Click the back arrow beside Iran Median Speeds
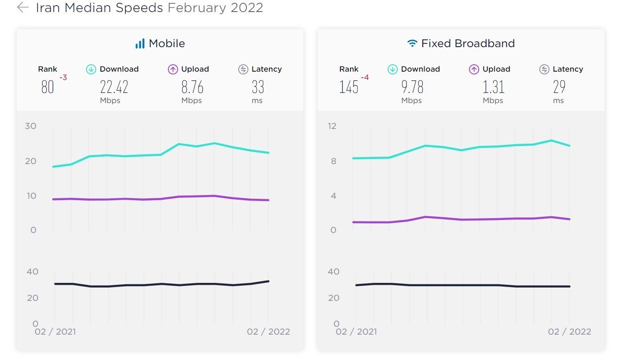23,8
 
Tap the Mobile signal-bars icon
140,44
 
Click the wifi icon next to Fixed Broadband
412,44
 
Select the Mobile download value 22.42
114,87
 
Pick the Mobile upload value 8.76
192,87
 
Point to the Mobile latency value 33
258,87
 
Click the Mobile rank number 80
47,87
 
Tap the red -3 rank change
63,78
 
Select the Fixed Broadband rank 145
349,87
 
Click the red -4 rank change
364,78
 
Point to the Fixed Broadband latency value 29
559,87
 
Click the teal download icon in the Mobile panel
91,69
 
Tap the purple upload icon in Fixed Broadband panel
474,69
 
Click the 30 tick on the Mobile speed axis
31,126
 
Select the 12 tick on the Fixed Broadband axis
332,126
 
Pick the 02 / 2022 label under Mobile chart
268,332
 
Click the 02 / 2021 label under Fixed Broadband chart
357,332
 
